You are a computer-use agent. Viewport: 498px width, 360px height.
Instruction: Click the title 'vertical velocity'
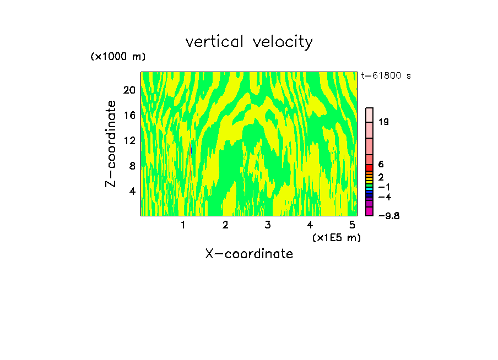tap(249, 42)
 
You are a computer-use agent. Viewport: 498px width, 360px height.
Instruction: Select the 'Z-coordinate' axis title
tap(111, 144)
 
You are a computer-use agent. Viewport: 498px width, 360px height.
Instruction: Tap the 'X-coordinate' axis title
tap(249, 254)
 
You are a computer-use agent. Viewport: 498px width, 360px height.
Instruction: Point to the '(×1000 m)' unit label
tap(118, 57)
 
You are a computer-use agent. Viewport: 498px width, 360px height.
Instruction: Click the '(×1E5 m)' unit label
tap(336, 237)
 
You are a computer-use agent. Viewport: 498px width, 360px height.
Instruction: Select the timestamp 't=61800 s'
tap(386, 76)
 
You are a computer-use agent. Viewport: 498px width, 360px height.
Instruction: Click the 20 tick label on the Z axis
tap(129, 90)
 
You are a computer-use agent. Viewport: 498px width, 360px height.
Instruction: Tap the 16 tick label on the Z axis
tap(129, 116)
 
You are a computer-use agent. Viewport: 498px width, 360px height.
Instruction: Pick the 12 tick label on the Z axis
tap(129, 141)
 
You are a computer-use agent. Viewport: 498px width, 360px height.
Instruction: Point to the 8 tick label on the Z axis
tap(132, 166)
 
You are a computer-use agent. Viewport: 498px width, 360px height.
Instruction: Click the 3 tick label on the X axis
tap(267, 225)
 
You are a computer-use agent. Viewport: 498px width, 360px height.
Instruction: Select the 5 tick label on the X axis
tap(352, 225)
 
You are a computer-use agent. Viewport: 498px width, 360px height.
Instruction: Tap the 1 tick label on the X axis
tap(183, 225)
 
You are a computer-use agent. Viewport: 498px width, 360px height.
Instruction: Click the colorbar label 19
tap(384, 122)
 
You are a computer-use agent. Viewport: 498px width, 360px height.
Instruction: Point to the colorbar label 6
tap(381, 164)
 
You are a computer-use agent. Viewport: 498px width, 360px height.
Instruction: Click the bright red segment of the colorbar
tap(370, 167)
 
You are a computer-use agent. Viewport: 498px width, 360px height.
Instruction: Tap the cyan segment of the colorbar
tap(370, 189)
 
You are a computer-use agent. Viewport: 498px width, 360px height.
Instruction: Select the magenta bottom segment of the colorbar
tap(370, 212)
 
